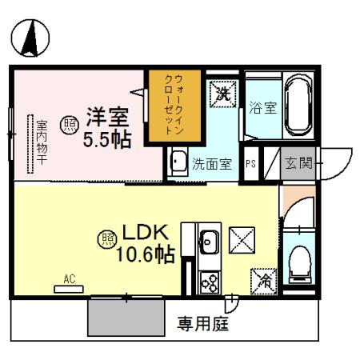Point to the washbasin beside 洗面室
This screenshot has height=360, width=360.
pos(178,162)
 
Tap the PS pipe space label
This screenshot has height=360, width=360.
pos(250,165)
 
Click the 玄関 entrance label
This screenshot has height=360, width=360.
pos(300,164)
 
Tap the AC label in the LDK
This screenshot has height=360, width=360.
pos(70,279)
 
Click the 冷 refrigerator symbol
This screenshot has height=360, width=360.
pos(263,279)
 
